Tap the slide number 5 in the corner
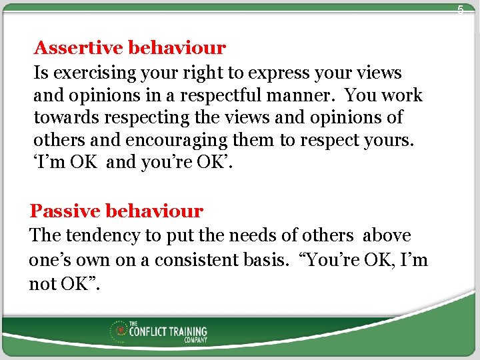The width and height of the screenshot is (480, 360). tap(460, 10)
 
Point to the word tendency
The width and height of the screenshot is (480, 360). tap(99, 236)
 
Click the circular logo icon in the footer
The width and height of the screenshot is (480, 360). tap(120, 330)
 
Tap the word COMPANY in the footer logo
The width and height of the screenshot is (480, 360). tap(195, 340)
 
